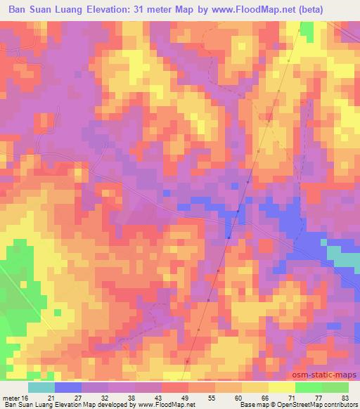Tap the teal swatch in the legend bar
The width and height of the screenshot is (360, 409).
(41, 387)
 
